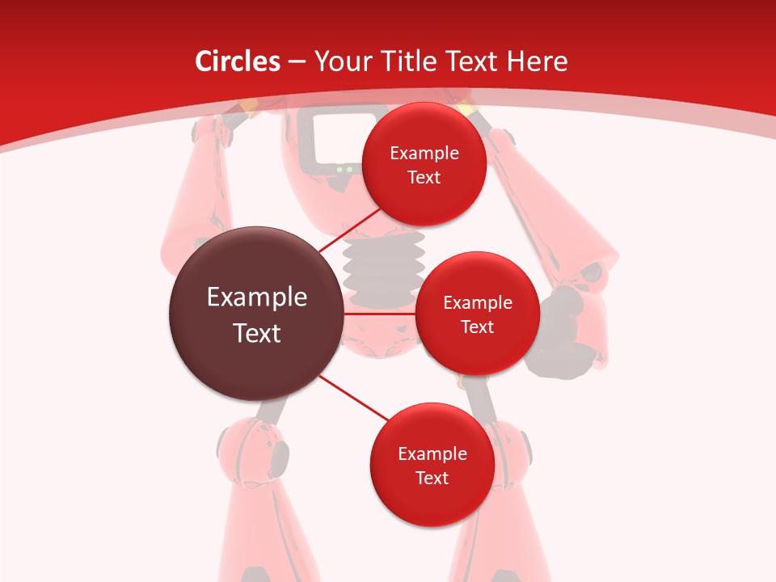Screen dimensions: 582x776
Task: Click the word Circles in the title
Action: [237, 61]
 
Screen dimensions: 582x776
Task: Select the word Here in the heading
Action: [537, 61]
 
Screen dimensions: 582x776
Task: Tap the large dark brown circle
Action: [255, 314]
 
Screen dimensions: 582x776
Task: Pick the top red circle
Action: [424, 164]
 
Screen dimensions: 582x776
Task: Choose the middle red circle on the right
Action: [477, 314]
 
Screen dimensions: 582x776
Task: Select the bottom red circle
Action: [432, 465]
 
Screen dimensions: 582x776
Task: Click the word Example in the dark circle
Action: [257, 297]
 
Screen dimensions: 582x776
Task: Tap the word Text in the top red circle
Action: [424, 178]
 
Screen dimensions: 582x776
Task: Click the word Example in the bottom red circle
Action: [432, 453]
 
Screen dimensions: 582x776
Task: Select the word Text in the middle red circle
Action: [477, 327]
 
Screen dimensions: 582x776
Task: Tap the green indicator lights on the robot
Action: [344, 170]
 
